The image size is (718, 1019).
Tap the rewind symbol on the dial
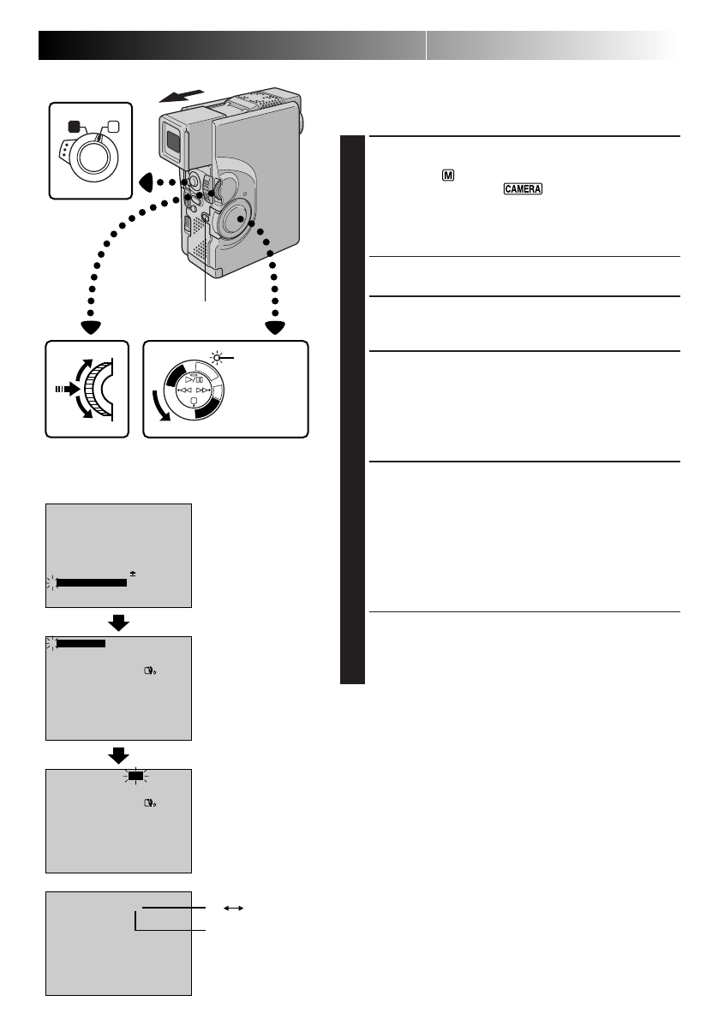[185, 390]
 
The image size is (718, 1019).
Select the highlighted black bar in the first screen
[91, 582]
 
